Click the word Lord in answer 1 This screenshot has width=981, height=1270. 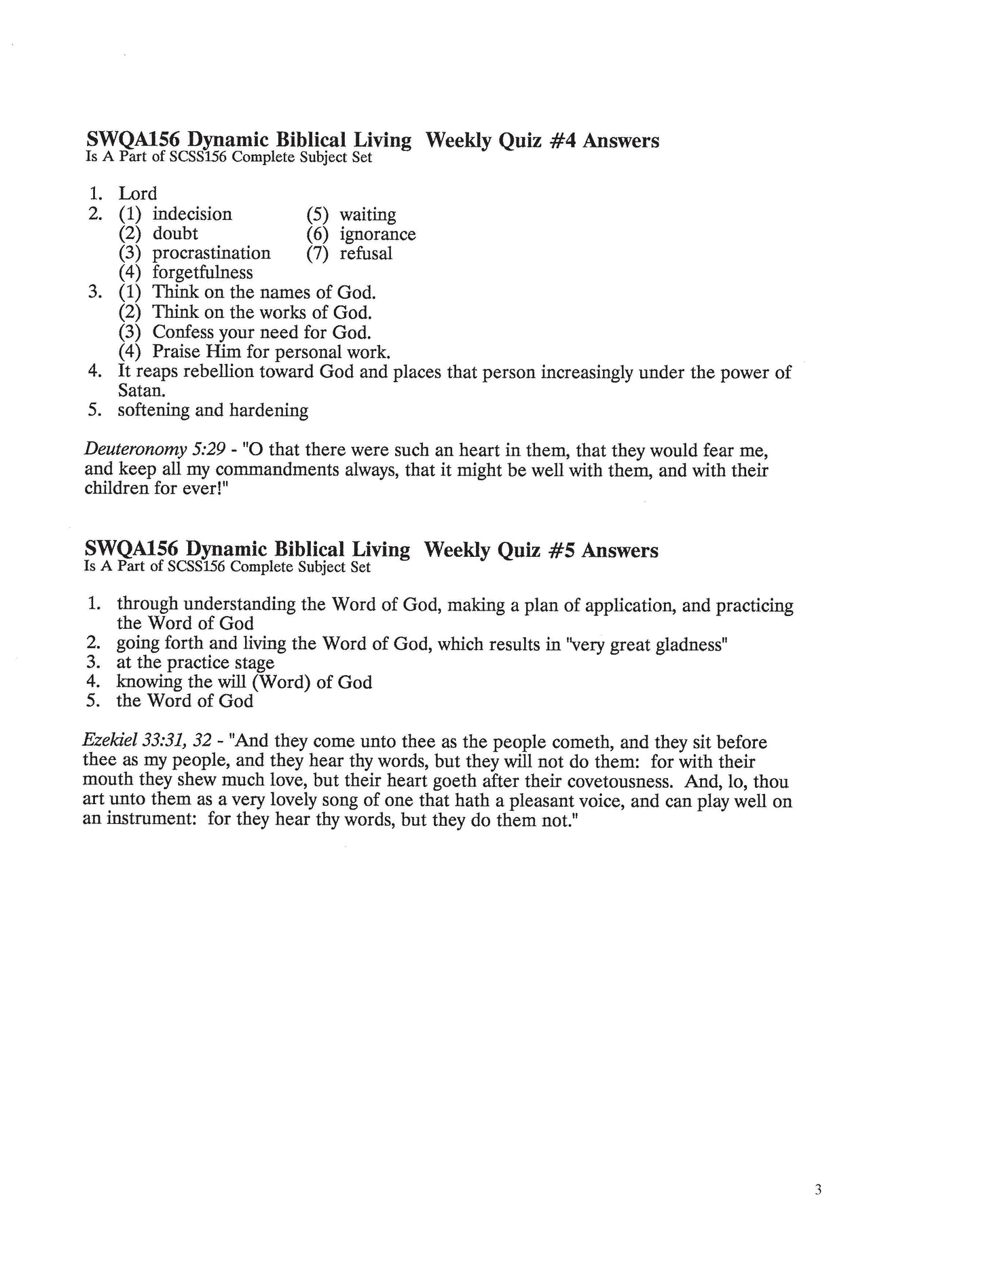click(x=137, y=194)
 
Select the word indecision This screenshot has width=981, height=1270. click(x=192, y=215)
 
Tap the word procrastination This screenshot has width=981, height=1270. click(x=211, y=253)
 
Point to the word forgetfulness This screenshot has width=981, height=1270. click(x=202, y=273)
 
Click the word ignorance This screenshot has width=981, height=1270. click(x=377, y=234)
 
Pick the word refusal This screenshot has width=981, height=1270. click(x=366, y=254)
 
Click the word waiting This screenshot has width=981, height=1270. click(x=367, y=215)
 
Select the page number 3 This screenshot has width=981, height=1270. click(x=818, y=1190)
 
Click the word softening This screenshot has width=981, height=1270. click(x=153, y=411)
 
